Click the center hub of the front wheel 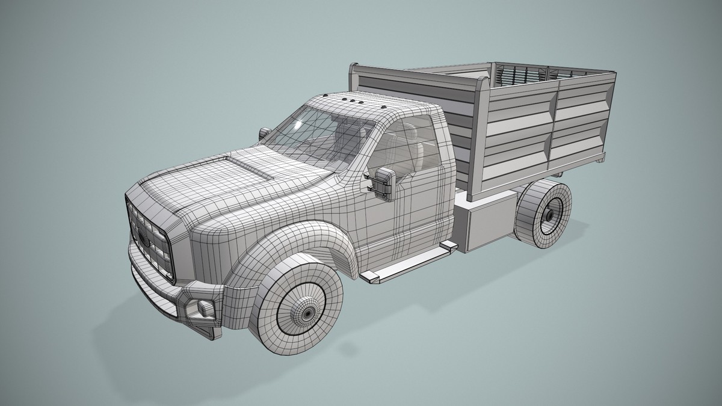pyautogui.click(x=307, y=313)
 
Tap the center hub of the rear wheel pyautogui.click(x=551, y=214)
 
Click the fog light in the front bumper pyautogui.click(x=205, y=309)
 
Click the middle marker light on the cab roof pyautogui.click(x=352, y=99)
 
